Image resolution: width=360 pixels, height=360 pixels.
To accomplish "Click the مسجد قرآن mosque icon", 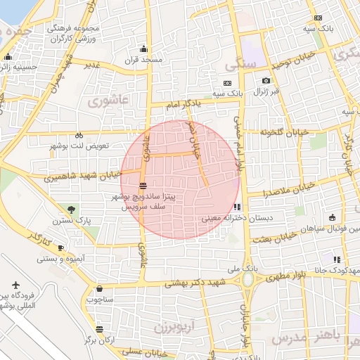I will pos(144,49).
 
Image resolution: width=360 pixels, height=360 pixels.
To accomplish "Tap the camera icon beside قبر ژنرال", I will pos(266,81).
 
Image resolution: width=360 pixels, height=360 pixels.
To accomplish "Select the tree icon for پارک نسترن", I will pos(72,209).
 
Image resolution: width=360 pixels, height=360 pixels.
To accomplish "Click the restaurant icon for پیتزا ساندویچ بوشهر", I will pos(143,186).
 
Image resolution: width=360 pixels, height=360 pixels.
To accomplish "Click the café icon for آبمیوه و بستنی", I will pos(61,247).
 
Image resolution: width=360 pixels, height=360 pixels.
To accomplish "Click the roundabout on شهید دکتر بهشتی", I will pos(248,280).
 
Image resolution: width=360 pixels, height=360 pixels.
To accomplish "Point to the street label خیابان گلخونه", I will pos(284,132).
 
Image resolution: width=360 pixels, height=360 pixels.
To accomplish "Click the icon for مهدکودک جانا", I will pos(337,259).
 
